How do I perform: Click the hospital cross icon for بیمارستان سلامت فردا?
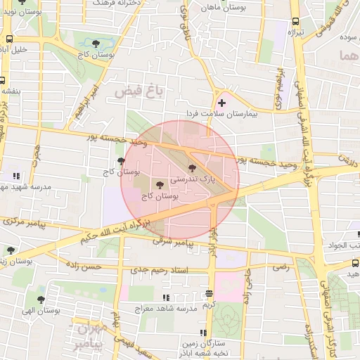pos(222,103)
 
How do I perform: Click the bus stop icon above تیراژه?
pos(295,21)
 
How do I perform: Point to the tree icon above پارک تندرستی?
pos(193,167)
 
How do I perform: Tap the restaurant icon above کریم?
pos(209,294)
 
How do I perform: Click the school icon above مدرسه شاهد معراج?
pos(166,298)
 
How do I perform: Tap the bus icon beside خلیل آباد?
pos(9,39)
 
